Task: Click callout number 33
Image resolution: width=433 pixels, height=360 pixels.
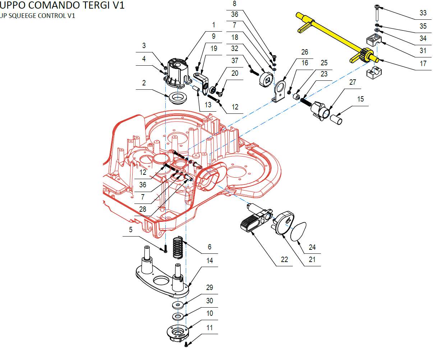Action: (423, 13)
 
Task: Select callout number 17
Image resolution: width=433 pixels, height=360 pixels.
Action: (423, 64)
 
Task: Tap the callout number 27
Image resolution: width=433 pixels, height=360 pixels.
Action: (353, 82)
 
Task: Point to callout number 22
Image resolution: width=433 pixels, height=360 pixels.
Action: (284, 260)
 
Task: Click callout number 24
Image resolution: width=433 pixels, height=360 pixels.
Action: (312, 247)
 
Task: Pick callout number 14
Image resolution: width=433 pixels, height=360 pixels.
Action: (209, 261)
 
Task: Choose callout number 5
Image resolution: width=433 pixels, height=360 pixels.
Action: (131, 230)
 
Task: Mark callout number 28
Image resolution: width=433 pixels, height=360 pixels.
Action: (143, 209)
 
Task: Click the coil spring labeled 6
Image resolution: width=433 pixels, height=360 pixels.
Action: (178, 247)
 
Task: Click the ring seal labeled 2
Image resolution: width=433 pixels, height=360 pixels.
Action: (176, 98)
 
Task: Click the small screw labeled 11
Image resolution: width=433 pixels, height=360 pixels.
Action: (186, 345)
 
